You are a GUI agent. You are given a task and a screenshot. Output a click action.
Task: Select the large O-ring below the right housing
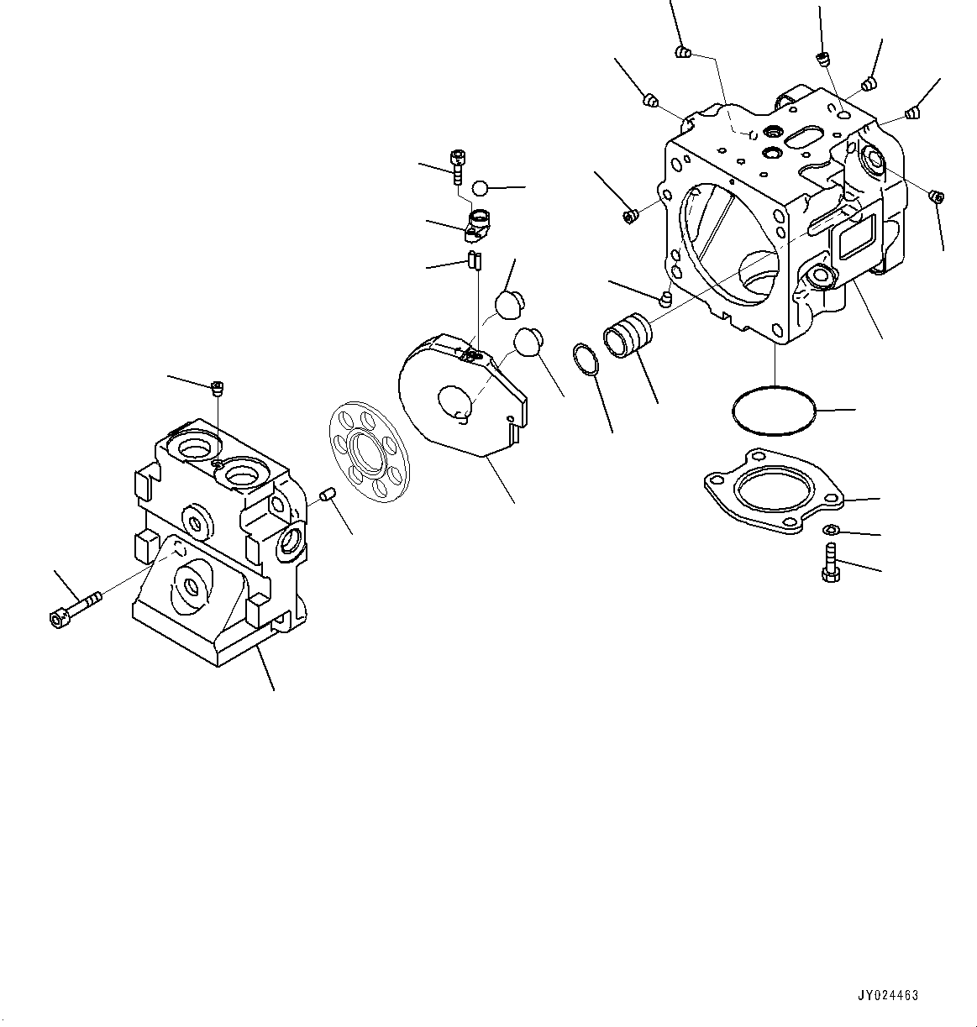tap(774, 411)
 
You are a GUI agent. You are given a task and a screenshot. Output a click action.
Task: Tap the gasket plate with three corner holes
tap(774, 490)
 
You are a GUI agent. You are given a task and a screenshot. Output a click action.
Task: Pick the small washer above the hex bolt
tap(828, 529)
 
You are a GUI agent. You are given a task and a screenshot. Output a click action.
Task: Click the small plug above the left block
tap(217, 387)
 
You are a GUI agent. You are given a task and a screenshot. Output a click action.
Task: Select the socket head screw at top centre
tap(457, 165)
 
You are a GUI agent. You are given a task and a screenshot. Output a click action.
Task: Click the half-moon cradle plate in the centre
tap(462, 390)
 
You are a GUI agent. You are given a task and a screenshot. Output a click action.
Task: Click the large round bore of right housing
tap(727, 244)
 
